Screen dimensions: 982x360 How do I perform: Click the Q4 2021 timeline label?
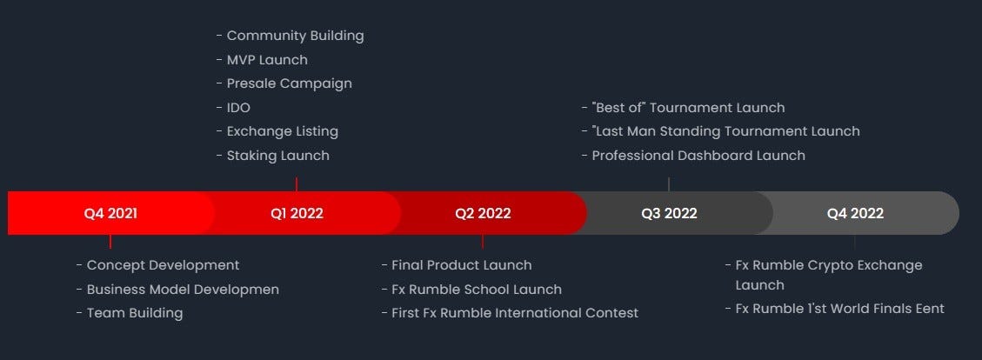click(110, 214)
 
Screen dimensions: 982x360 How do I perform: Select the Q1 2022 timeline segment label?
click(297, 214)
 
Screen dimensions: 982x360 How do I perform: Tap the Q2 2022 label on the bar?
click(483, 214)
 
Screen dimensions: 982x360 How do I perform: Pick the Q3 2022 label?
click(669, 214)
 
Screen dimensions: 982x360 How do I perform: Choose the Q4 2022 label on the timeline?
click(855, 214)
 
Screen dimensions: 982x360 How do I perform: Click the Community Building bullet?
click(295, 36)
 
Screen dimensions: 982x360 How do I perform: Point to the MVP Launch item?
click(267, 60)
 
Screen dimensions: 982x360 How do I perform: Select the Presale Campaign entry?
click(290, 83)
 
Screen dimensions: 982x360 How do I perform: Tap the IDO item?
click(238, 108)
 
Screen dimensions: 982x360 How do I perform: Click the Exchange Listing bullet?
click(283, 131)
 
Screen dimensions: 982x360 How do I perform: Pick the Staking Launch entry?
click(278, 156)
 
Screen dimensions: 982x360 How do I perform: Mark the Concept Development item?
click(163, 265)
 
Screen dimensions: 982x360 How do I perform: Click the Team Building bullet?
click(135, 313)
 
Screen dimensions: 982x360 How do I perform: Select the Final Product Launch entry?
click(462, 265)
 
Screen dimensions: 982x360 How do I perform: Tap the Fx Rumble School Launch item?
click(477, 290)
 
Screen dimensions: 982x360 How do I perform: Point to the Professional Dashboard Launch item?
click(698, 156)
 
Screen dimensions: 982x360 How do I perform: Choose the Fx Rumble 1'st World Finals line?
click(840, 309)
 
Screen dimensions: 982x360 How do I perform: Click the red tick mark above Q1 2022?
click(297, 184)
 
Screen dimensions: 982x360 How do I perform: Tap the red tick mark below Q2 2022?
click(483, 242)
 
